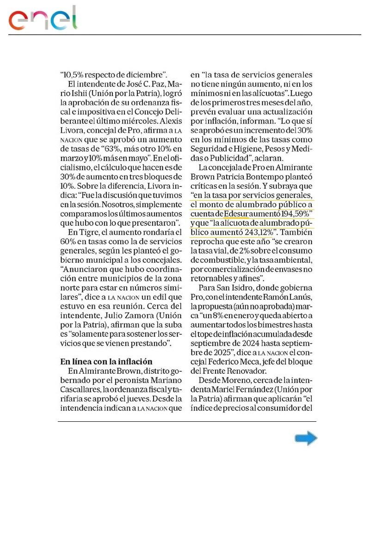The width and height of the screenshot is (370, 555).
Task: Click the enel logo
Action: [x=43, y=19]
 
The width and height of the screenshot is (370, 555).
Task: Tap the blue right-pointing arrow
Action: [x=306, y=438]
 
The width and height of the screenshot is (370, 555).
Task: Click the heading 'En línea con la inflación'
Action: [x=106, y=361]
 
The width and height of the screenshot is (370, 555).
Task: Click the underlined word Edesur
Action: [x=236, y=214]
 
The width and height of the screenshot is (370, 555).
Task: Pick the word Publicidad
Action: [x=220, y=158]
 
